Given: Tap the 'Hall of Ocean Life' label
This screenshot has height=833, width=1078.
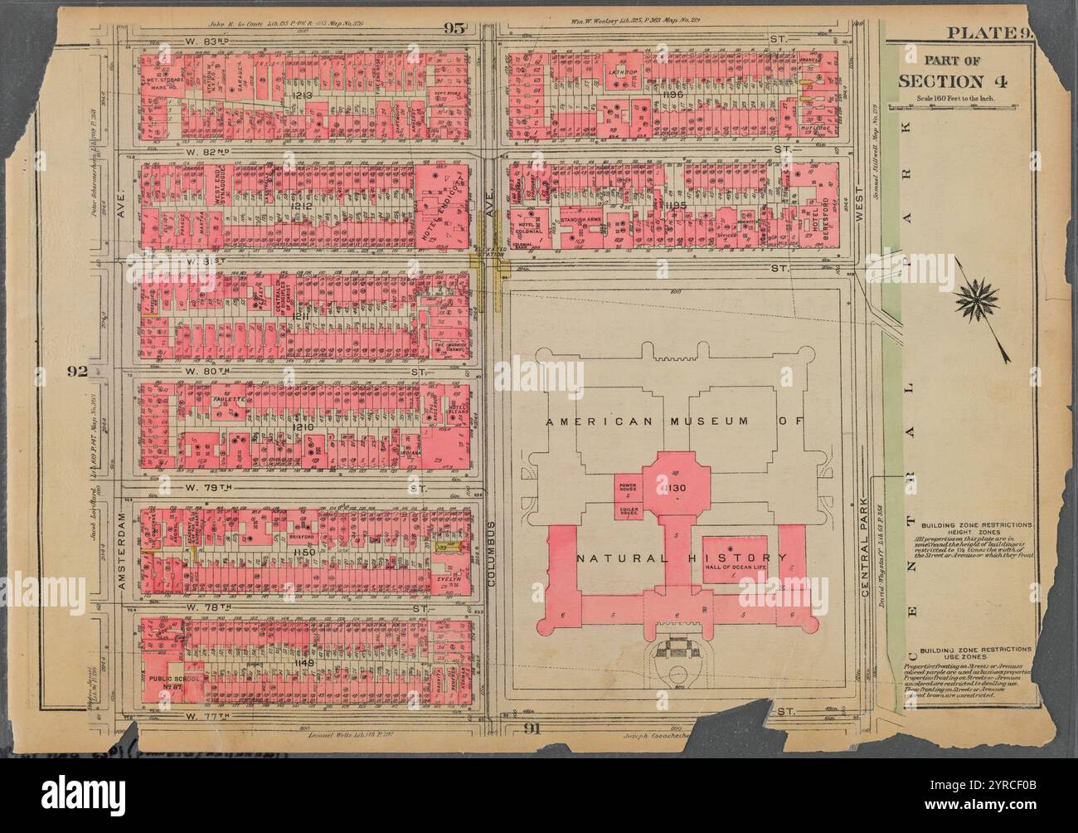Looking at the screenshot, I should point(735,568).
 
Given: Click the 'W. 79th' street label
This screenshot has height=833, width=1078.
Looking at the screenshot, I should point(204,487).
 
